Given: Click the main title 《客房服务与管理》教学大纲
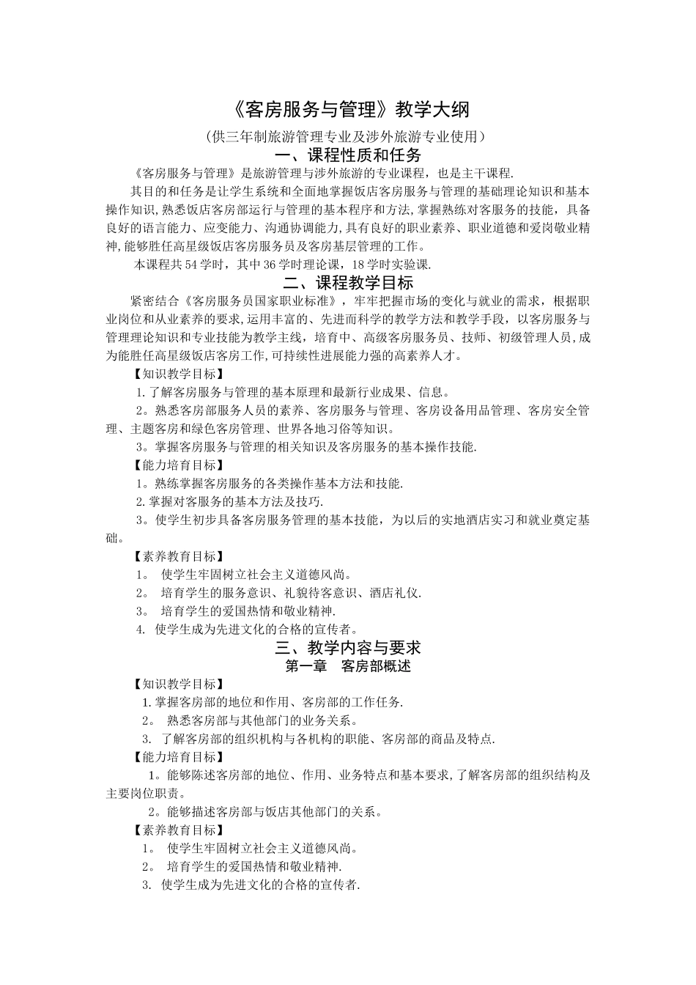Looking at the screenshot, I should pyautogui.click(x=348, y=110).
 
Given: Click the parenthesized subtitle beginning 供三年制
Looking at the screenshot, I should pyautogui.click(x=348, y=136).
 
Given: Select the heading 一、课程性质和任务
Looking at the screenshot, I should pyautogui.click(x=348, y=155).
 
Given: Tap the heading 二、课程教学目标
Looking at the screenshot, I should pyautogui.click(x=348, y=282).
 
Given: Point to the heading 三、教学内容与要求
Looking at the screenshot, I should pyautogui.click(x=348, y=648).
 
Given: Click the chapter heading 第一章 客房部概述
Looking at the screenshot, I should pyautogui.click(x=348, y=666).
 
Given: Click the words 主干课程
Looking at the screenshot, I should pyautogui.click(x=486, y=174).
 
